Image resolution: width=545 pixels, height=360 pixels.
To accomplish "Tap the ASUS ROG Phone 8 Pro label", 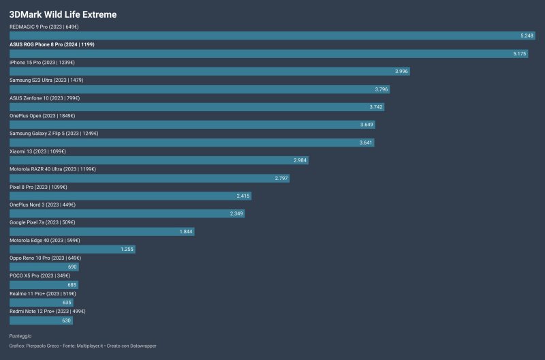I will click(x=52, y=44).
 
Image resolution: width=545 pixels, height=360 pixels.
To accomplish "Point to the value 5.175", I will click(x=520, y=53).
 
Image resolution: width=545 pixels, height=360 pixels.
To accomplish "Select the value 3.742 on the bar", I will click(x=375, y=106).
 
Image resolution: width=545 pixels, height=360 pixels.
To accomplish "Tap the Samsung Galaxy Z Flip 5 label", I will click(x=54, y=133).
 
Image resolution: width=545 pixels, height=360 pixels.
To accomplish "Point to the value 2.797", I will click(x=281, y=177).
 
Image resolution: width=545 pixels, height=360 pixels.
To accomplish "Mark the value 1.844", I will click(x=186, y=231).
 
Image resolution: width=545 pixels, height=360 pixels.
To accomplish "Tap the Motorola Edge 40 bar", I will click(x=72, y=249).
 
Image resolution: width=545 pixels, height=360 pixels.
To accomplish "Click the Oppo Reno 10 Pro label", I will click(x=45, y=258).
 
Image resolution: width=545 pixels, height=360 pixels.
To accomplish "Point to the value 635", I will click(x=67, y=302).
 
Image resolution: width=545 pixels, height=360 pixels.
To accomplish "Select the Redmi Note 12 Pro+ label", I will click(x=48, y=311).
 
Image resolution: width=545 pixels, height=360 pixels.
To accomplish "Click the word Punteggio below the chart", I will click(x=20, y=336).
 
